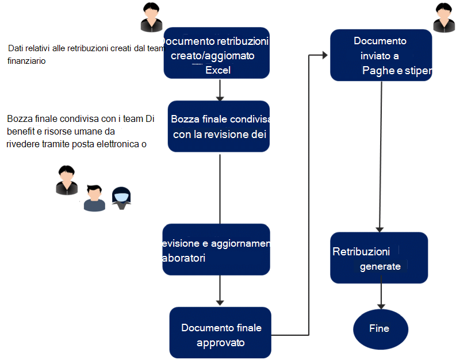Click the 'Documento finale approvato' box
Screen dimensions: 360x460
click(220, 332)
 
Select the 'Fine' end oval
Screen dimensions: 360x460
click(379, 330)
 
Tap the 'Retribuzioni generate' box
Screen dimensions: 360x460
click(379, 258)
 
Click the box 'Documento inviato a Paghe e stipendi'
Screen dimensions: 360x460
click(381, 55)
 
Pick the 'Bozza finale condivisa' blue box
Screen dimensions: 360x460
click(218, 127)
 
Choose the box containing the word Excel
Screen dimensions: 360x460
click(217, 53)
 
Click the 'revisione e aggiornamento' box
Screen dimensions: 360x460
click(216, 250)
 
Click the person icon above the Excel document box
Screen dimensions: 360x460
click(151, 17)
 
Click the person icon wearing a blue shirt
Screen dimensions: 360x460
click(95, 198)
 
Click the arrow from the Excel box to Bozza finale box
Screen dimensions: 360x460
click(219, 90)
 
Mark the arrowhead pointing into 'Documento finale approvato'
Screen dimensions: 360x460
click(219, 302)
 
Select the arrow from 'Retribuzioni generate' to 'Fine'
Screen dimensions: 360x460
click(379, 296)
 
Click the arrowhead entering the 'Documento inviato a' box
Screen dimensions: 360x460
click(325, 55)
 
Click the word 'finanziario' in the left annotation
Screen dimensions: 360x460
click(27, 60)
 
